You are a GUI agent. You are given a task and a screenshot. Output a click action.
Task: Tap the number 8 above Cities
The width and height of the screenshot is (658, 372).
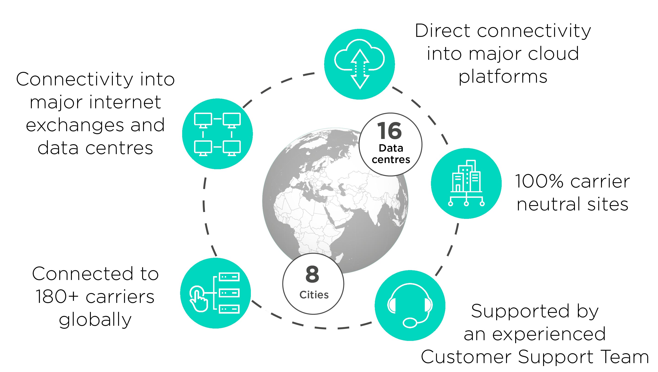coord(312,274)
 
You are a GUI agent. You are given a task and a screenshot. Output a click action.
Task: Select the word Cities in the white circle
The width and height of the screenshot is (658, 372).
coord(314,295)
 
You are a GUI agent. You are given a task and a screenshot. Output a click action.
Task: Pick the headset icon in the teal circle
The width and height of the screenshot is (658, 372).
coord(410,305)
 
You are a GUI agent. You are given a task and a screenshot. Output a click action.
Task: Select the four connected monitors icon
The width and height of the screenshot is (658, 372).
coord(217,134)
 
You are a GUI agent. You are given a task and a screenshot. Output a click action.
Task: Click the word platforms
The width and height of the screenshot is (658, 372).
coord(503,77)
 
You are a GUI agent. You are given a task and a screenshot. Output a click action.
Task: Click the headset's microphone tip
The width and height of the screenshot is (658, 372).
coord(410,323)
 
